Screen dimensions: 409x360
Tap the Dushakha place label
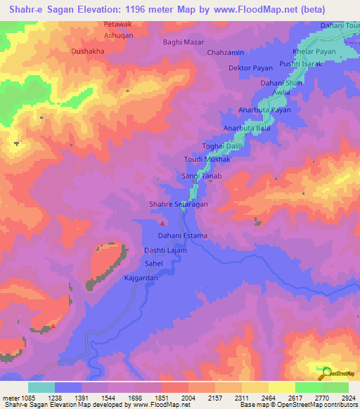88,51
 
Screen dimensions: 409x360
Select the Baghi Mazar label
184,43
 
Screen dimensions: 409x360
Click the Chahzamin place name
225,52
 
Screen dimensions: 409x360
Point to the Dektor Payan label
249,68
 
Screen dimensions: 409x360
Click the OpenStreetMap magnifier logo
325,371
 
